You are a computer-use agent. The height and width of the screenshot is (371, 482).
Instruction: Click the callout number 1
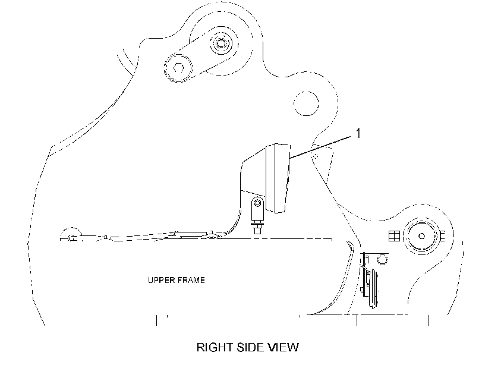358,134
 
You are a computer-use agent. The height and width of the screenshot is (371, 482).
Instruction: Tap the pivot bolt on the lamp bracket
257,203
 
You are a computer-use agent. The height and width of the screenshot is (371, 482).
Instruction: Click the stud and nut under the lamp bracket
257,228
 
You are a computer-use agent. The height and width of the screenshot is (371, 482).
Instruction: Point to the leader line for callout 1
320,147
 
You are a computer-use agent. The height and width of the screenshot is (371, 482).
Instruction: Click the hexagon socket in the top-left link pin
179,68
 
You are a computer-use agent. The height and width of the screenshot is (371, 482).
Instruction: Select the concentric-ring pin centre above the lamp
220,43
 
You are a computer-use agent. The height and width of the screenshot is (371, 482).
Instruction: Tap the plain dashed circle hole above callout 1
306,103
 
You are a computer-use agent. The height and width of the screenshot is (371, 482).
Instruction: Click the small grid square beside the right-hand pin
395,236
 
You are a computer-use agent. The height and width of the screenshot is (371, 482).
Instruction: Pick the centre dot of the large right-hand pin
422,236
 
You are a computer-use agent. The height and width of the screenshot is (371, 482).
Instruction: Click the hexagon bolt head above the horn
382,259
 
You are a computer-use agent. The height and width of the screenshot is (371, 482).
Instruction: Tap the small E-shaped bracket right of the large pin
442,236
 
